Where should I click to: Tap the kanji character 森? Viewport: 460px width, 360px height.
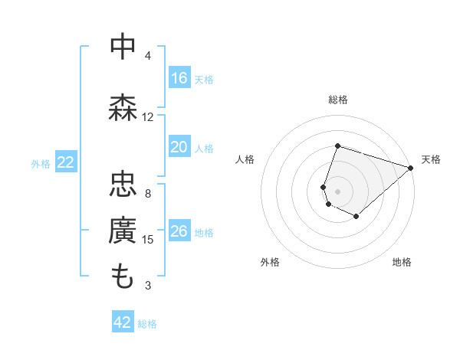[x=123, y=107]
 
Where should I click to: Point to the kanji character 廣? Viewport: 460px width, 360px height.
[x=123, y=231]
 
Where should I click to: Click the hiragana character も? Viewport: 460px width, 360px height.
[x=123, y=277]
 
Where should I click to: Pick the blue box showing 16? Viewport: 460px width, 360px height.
[x=179, y=78]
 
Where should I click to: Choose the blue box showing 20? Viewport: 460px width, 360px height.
[x=179, y=148]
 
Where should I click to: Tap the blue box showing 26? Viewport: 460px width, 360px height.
[x=179, y=231]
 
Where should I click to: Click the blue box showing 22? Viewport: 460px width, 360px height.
[x=66, y=162]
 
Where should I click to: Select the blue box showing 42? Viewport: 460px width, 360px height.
[x=123, y=322]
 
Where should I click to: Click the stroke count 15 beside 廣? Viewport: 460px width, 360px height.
[x=148, y=240]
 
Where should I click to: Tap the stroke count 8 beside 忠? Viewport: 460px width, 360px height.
[x=148, y=193]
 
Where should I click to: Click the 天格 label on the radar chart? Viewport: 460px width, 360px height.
[x=431, y=159]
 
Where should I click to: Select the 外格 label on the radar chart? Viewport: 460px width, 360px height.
[x=269, y=263]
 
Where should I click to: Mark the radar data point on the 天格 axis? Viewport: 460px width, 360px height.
[x=410, y=168]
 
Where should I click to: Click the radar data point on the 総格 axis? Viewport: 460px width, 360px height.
[x=337, y=146]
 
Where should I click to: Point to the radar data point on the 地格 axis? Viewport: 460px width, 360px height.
[x=356, y=217]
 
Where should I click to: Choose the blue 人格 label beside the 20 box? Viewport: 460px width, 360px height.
[x=204, y=149]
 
